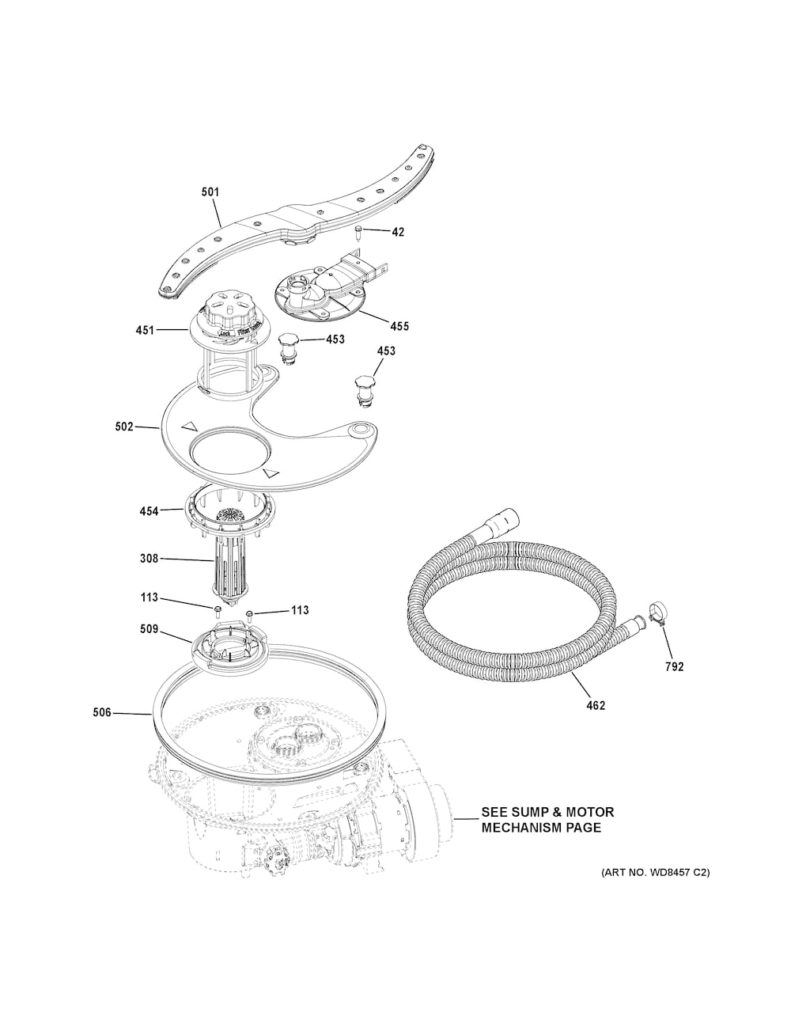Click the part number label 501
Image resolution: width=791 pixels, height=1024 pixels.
pos(210,192)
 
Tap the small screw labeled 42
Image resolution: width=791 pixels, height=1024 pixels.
pos(359,231)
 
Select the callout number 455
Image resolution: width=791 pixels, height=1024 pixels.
pos(399,325)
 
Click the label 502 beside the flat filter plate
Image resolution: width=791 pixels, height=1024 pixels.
pos(123,427)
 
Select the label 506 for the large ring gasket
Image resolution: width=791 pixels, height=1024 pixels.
pos(101,713)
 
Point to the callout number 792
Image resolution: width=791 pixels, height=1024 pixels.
pos(673,666)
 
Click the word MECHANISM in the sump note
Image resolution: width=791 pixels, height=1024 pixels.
pos(523,828)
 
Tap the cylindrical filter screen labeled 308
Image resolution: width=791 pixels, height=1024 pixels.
pos(230,563)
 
